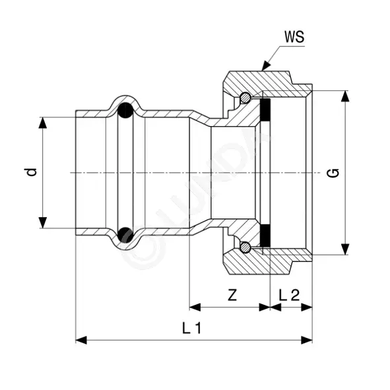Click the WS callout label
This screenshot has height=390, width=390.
coord(294,37)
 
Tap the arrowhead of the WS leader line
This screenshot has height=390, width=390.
coord(266,66)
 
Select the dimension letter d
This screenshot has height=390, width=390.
coord(32,172)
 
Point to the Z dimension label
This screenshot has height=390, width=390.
coord(232,295)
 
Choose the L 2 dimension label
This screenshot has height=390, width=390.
coord(289,295)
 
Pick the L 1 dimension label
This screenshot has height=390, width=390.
coord(191,328)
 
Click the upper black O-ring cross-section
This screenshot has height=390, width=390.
coord(125,110)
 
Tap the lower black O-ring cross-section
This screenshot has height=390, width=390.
coord(125,235)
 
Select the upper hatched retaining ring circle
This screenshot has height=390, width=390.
coord(245,97)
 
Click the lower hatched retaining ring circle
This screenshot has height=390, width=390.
coord(245,247)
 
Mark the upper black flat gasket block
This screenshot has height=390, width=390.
coord(265,110)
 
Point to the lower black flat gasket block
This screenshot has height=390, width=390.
coord(265,236)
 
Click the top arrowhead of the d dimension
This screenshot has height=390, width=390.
coord(43,123)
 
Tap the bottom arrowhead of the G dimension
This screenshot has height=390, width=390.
coord(344,249)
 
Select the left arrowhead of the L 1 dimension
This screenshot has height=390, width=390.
coord(81,340)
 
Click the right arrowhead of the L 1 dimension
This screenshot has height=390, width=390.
coord(306,340)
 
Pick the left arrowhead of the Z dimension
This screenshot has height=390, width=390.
coord(195,307)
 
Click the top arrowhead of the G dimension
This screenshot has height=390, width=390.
coord(344,96)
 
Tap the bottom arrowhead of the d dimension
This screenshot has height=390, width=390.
coord(43,222)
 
